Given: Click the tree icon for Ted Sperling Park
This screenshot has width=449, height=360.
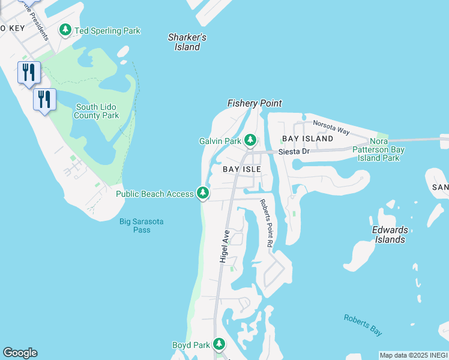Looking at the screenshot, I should point(65,30).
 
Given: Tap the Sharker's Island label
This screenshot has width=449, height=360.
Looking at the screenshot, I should point(187,42).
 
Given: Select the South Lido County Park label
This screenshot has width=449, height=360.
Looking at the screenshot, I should point(97,111).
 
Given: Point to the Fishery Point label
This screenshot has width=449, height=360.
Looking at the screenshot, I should point(255,103).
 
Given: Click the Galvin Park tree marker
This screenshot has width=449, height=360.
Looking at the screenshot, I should point(250,141).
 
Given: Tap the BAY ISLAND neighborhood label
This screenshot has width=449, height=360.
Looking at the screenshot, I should point(307,139).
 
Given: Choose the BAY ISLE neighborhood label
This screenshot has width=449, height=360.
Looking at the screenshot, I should point(242,170).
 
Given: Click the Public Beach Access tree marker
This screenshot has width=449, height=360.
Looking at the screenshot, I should point(203,193).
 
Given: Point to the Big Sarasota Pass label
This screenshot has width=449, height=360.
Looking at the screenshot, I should point(141,226).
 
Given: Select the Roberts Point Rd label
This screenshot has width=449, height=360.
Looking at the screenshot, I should point(266,224).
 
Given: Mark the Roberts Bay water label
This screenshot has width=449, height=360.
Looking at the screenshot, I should point(363,325).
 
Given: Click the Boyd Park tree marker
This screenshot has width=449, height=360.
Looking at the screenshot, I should point(220,345).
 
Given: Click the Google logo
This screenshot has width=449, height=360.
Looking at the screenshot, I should point(20,353).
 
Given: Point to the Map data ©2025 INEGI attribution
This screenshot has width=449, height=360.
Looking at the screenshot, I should point(414,355).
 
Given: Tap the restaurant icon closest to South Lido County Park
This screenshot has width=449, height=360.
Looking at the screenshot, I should point(44,99).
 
